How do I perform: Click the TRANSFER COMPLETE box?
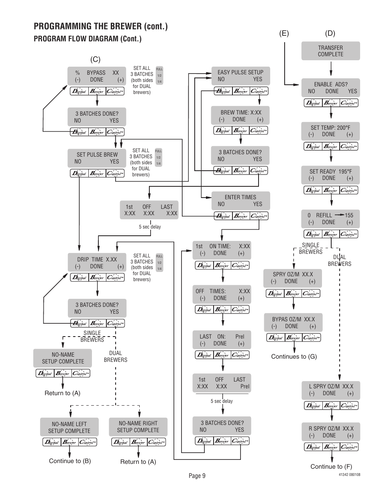point(330,51)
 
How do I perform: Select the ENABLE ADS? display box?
point(330,88)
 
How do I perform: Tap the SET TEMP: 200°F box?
point(330,131)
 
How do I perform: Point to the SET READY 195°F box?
point(330,175)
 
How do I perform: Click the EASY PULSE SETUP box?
point(240,76)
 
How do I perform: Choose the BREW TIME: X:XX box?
point(240,116)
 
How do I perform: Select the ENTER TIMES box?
point(240,201)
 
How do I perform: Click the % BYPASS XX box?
point(96,76)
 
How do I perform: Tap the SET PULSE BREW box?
point(97,158)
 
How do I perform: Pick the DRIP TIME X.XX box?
point(97,263)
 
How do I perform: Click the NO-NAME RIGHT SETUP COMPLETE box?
point(138,427)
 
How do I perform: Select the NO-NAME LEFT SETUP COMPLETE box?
point(69,427)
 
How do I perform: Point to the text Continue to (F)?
point(331,466)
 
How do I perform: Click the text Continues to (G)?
point(294,356)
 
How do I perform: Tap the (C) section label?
point(95,59)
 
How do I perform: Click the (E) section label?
point(284,33)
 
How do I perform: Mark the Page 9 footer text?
point(197,476)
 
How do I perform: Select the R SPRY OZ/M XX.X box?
point(331,432)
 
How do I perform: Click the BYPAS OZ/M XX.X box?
point(293,323)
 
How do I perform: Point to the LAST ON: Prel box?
point(222,340)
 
